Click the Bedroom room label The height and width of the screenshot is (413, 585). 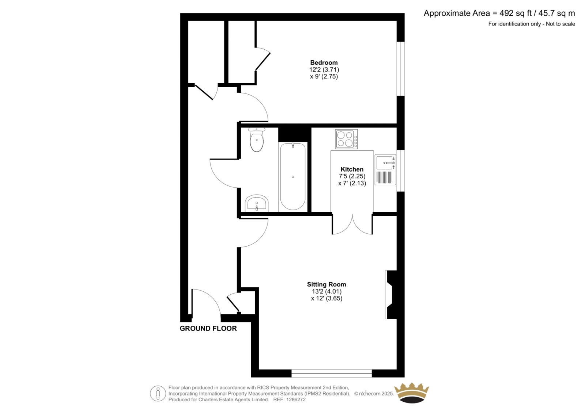point(324,62)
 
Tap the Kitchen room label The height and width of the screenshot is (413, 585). point(352,169)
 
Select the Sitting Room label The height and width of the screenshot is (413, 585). point(327,284)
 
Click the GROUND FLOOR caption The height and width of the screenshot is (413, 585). point(208,329)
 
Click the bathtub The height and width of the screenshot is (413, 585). point(293,177)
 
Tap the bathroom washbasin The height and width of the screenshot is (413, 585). point(257,203)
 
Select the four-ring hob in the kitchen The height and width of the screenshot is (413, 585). point(347,139)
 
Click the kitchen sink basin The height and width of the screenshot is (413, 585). point(384,162)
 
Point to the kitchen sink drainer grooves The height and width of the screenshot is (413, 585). point(384,177)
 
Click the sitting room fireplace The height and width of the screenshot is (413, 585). point(391,295)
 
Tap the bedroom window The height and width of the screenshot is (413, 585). point(401,69)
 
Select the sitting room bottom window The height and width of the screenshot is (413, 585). point(332,373)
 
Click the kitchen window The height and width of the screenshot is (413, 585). point(401,171)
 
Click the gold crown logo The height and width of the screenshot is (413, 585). point(412,393)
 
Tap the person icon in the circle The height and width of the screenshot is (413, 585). point(158,393)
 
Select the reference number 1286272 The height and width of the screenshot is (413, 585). point(296,399)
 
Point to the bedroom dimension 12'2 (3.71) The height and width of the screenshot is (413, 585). point(324,70)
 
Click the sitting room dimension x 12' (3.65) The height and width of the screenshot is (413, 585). point(327,298)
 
